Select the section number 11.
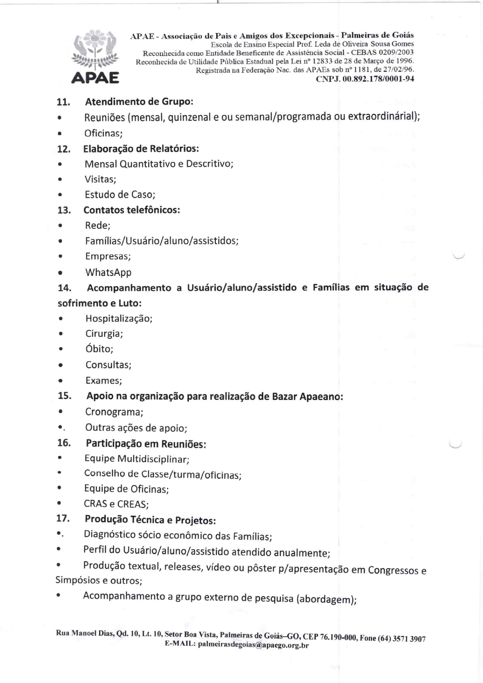pyautogui.click(x=63, y=102)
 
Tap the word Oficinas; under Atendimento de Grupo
pyautogui.click(x=104, y=133)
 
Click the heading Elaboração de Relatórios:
pyautogui.click(x=141, y=149)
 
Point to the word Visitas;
pyautogui.click(x=100, y=179)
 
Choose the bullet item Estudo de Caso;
pyautogui.click(x=120, y=195)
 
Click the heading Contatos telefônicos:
pyautogui.click(x=132, y=210)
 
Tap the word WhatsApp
pyautogui.click(x=108, y=272)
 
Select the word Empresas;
pyautogui.click(x=108, y=256)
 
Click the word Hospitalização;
pyautogui.click(x=119, y=319)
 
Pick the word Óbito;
pyautogui.click(x=99, y=349)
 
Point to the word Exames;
pyautogui.click(x=104, y=381)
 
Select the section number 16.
pyautogui.click(x=64, y=443)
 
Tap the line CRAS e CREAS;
pyautogui.click(x=116, y=504)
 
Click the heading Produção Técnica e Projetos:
pyautogui.click(x=150, y=520)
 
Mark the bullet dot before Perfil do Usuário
pyautogui.click(x=58, y=550)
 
